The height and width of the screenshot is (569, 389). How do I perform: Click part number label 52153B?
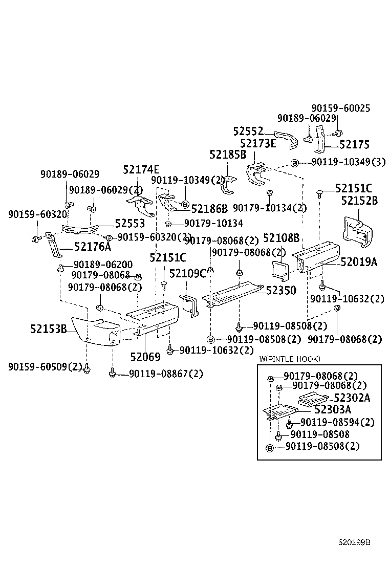click(49, 329)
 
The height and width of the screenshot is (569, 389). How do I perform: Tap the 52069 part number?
click(145, 357)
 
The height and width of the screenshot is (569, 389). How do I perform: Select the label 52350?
click(281, 290)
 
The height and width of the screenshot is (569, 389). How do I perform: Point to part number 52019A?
click(359, 261)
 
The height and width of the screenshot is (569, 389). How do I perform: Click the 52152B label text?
click(359, 200)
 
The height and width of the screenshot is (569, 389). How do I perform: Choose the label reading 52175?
click(354, 145)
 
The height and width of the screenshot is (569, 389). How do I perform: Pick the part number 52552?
click(248, 131)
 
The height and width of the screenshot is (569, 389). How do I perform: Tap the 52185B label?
click(228, 155)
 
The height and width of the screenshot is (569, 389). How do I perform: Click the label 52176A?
click(93, 247)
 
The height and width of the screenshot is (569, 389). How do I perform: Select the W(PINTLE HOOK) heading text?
click(290, 359)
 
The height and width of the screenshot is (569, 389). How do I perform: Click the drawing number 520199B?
click(354, 542)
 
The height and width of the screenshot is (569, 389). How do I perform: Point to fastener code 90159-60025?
click(341, 108)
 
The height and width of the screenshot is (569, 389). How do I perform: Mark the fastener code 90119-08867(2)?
click(166, 374)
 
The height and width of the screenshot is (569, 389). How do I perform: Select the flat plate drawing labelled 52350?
click(233, 294)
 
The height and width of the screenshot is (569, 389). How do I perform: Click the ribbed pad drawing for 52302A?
click(313, 399)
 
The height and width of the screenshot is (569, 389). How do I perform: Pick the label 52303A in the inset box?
click(333, 410)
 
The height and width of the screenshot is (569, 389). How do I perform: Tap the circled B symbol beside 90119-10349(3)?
click(294, 163)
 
